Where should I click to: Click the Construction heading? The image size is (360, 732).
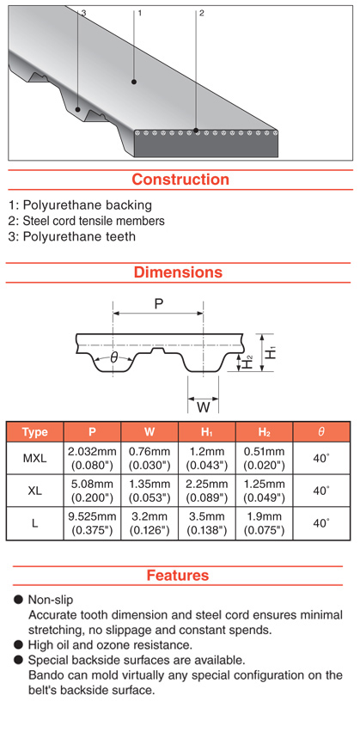pos(180,180)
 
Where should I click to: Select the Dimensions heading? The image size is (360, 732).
pos(179,272)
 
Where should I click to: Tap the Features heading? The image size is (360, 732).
pos(178,575)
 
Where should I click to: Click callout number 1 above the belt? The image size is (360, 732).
pos(139,13)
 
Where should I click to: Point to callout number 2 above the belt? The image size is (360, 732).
pos(201,13)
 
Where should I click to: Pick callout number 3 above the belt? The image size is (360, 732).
pos(83,13)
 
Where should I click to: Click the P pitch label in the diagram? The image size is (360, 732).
pos(159,304)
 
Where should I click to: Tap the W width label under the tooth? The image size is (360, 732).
pos(203,407)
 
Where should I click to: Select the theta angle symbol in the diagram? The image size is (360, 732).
pos(114,358)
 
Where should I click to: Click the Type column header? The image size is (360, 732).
pos(35,432)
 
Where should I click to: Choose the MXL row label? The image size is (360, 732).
pos(35,459)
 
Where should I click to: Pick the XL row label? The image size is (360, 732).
pos(35,491)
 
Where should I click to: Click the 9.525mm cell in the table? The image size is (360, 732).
pos(92,517)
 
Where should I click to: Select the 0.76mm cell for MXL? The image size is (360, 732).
pos(149,452)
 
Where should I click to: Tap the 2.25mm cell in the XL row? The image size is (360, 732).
pos(207,484)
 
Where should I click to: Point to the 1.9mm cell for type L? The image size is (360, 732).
pos(265,517)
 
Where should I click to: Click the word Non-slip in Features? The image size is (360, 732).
pos(51,600)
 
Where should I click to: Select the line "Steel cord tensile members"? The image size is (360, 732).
pos(87,220)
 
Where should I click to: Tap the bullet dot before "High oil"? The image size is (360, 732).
pos(18,644)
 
